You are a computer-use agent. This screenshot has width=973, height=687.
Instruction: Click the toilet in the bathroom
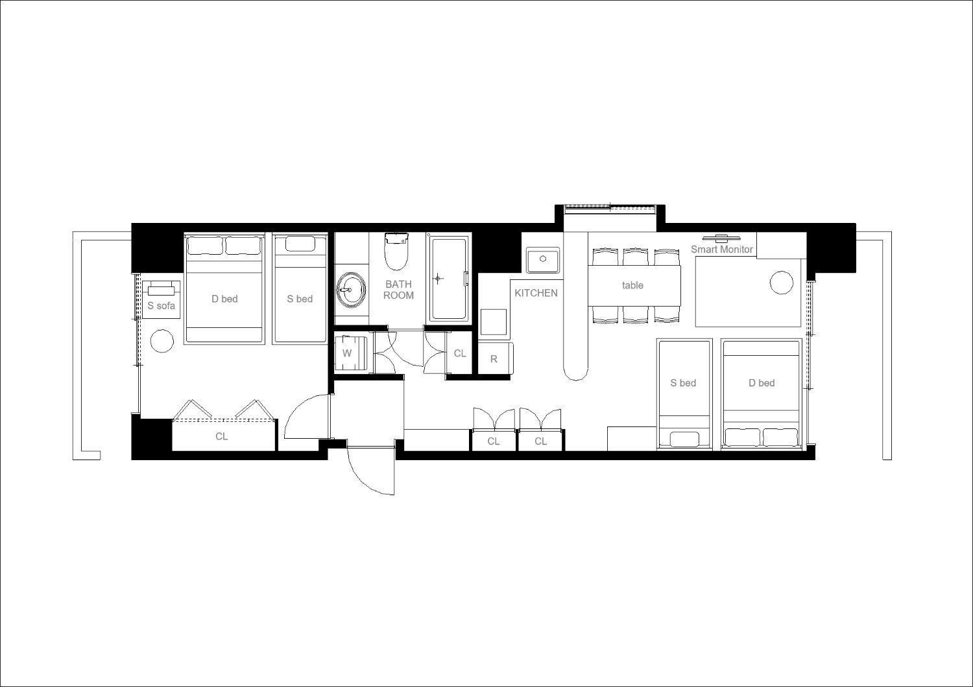coord(396,251)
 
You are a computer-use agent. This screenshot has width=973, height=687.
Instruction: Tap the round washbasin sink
coord(351,290)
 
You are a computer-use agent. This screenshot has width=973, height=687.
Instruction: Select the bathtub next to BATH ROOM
coord(449,279)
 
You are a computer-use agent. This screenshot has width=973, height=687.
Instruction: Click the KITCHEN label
coord(536,293)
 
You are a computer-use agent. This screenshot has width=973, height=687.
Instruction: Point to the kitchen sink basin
coord(542,260)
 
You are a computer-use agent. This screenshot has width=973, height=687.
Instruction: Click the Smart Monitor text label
coord(721,249)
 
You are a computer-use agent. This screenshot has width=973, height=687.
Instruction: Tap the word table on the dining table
coord(632,285)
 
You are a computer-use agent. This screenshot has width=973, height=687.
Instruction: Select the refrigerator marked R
coord(495,358)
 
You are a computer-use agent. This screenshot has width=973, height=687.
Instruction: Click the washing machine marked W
coord(351,353)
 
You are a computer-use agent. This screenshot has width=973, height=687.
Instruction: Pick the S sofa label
coord(161,305)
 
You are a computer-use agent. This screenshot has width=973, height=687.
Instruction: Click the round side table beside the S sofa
coord(162,341)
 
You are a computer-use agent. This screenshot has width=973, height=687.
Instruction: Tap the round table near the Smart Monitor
coord(782,283)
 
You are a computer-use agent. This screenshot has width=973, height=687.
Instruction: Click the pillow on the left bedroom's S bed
coord(300,244)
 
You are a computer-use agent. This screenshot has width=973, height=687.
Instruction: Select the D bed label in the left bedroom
coord(224,299)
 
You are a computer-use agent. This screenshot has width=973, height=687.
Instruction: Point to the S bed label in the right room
coord(683,383)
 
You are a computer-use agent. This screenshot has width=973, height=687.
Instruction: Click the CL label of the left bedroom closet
coord(222,436)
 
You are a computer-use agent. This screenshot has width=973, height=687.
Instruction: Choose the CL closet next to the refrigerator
coord(459,353)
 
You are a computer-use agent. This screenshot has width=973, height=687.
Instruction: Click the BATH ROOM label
coord(398,290)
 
